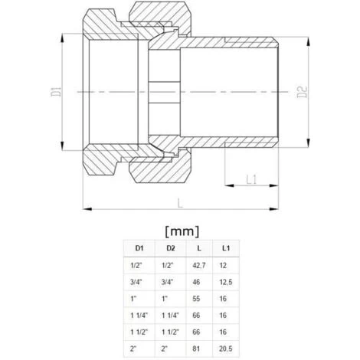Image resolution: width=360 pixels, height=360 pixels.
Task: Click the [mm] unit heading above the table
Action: click(182, 231)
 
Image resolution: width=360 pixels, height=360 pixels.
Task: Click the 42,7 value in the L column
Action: click(199, 264)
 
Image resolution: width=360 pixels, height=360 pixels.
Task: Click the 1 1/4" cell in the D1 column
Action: click(139, 314)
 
